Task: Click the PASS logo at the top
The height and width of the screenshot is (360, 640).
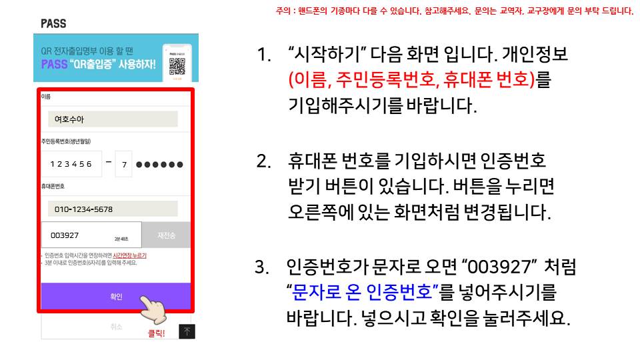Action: pyautogui.click(x=53, y=23)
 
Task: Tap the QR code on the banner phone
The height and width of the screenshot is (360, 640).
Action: pyautogui.click(x=176, y=67)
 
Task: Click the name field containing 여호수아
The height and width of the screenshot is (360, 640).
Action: pyautogui.click(x=113, y=119)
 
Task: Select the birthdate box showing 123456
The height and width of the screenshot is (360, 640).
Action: pyautogui.click(x=71, y=164)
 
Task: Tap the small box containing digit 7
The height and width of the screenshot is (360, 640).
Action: pyautogui.click(x=123, y=164)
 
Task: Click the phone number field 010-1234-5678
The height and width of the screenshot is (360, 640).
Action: pyautogui.click(x=113, y=209)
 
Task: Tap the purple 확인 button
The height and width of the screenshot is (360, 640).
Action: pyautogui.click(x=116, y=297)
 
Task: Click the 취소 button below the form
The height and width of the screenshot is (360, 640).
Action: pyautogui.click(x=116, y=327)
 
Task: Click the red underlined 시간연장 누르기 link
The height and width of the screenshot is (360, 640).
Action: pyautogui.click(x=129, y=255)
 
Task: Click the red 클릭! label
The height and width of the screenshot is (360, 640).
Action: pyautogui.click(x=156, y=333)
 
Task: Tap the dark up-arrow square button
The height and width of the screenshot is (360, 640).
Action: pyautogui.click(x=188, y=331)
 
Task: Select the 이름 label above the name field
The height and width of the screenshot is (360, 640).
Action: pyautogui.click(x=45, y=97)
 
